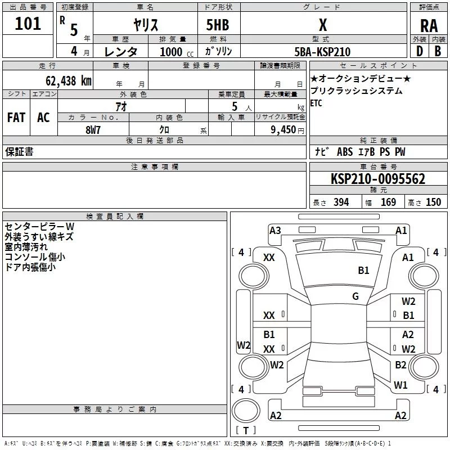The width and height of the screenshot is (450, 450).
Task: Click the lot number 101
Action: (x=28, y=24)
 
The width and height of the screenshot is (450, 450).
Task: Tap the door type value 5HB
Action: (x=218, y=25)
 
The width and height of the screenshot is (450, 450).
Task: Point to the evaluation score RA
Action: (x=429, y=25)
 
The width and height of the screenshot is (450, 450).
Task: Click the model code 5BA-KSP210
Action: (x=322, y=52)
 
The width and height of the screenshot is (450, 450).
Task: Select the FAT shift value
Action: (x=16, y=117)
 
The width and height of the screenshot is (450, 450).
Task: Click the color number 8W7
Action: (x=93, y=129)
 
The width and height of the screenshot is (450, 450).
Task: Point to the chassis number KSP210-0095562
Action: (x=377, y=179)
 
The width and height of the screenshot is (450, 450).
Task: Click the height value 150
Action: (x=433, y=202)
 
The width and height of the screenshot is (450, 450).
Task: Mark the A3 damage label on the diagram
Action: (x=275, y=230)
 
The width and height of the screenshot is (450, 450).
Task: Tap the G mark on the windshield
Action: (x=355, y=296)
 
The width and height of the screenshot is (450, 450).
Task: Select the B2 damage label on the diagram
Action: (x=400, y=365)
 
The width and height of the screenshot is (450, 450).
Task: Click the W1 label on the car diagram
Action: (x=400, y=385)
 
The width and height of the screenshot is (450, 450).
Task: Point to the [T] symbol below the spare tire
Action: (x=245, y=431)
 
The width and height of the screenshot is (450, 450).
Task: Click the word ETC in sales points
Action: (x=317, y=103)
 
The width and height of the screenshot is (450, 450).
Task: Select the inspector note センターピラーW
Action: (x=39, y=226)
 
